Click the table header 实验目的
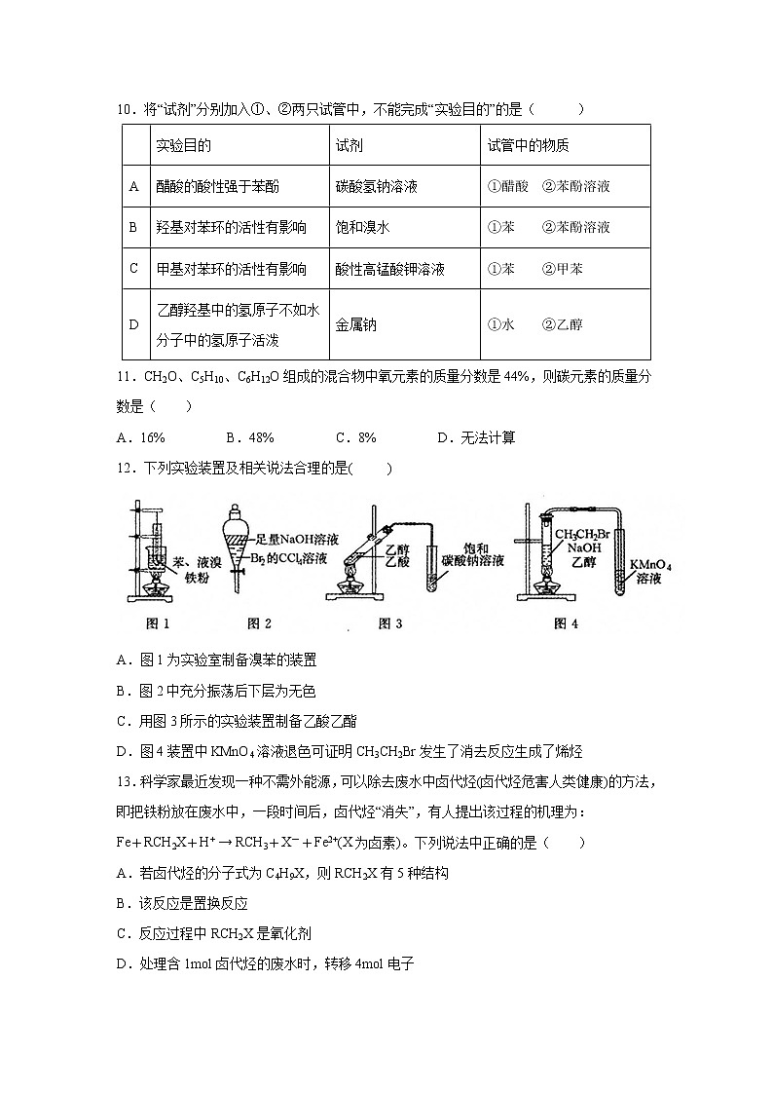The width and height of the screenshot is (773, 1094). pos(184,145)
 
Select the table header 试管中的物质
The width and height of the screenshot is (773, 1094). pos(529,145)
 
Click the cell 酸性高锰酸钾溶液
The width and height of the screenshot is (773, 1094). pos(389,269)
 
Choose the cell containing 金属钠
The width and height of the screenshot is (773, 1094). pos(355,324)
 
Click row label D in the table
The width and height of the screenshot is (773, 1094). pos(133,324)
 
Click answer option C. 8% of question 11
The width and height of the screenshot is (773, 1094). pos(355,437)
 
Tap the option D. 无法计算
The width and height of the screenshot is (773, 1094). pos(476,437)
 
